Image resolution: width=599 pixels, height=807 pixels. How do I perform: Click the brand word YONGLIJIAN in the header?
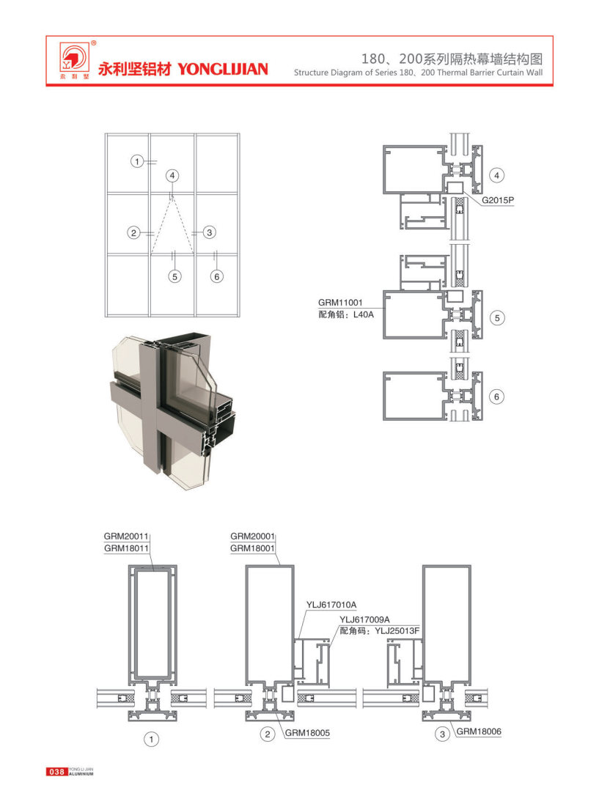(223, 69)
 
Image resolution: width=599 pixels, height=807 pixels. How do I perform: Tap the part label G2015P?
(498, 200)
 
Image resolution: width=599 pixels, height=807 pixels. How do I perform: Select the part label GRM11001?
(340, 303)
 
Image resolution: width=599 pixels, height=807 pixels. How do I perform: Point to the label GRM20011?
(126, 537)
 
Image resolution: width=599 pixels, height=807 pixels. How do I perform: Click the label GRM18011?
(126, 549)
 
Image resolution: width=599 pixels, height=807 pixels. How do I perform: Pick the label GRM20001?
(252, 537)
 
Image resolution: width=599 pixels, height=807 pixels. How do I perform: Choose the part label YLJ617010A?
(331, 605)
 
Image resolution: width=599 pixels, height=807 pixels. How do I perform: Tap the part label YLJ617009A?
(364, 619)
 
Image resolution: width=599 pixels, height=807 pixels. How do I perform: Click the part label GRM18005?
(307, 733)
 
